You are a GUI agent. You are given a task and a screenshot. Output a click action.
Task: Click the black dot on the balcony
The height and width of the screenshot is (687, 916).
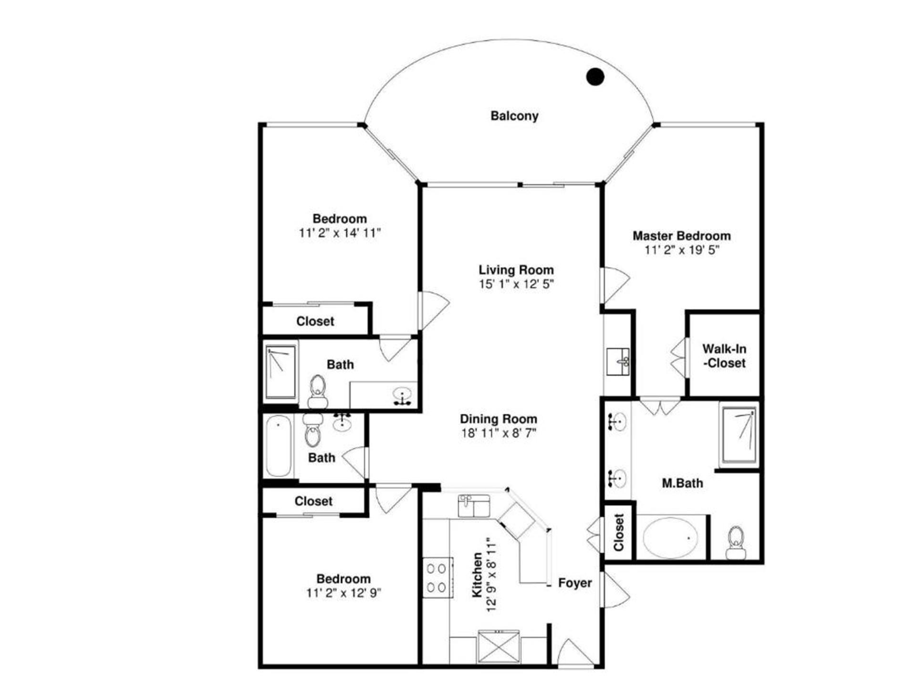[x=595, y=76]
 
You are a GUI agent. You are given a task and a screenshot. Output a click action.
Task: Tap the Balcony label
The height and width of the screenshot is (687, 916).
[x=514, y=116]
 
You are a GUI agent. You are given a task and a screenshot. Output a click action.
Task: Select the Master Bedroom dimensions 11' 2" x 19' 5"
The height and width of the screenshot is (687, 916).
[x=682, y=250]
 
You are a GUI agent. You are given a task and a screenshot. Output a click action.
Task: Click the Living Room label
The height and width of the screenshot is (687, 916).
[x=516, y=270]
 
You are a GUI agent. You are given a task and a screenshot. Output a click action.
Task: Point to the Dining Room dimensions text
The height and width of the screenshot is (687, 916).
[x=499, y=433]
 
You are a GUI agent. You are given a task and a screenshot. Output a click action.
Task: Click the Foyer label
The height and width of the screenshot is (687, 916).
[x=575, y=583]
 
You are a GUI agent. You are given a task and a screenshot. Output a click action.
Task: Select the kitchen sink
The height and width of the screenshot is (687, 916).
[x=473, y=506]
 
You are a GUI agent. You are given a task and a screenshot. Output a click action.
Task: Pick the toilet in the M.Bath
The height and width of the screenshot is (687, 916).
[x=736, y=542]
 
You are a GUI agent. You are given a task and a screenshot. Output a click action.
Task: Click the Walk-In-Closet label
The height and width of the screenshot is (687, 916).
[x=724, y=356]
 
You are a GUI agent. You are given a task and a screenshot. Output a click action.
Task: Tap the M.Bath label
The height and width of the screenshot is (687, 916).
[x=682, y=483]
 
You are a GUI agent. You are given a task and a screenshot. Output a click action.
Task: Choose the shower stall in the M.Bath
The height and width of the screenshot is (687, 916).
[x=739, y=435]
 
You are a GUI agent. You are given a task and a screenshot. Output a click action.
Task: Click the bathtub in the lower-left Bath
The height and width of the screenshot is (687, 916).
[x=278, y=447]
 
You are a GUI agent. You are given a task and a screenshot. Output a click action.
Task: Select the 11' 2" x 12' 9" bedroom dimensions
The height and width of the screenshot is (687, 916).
[x=343, y=593]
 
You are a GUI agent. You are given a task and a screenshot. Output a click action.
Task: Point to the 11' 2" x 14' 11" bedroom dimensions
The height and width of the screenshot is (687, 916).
[x=340, y=233]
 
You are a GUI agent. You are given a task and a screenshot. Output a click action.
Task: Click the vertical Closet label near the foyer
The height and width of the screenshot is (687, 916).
[x=618, y=532]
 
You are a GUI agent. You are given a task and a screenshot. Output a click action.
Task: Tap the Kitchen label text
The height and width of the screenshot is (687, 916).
[x=477, y=575]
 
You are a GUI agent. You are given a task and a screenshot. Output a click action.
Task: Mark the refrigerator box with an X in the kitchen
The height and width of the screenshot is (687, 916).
[x=499, y=646]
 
